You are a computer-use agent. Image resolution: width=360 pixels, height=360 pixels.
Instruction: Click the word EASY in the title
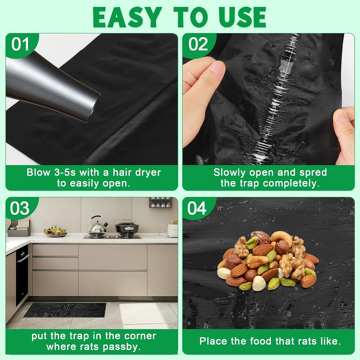[127, 17]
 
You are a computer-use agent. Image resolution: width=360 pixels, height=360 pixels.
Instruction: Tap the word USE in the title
[242, 17]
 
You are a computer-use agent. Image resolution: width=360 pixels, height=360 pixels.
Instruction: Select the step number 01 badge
[20, 44]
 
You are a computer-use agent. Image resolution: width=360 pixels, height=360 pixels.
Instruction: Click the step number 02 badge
[198, 44]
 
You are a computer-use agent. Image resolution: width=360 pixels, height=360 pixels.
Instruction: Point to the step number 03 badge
[19, 208]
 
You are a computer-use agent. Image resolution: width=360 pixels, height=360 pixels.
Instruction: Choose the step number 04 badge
[197, 208]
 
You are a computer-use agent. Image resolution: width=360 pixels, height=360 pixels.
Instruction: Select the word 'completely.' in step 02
[291, 184]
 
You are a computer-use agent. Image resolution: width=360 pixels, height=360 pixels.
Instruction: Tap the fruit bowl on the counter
[55, 231]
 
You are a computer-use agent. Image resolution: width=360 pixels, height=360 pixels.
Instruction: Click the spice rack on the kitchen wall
[160, 202]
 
